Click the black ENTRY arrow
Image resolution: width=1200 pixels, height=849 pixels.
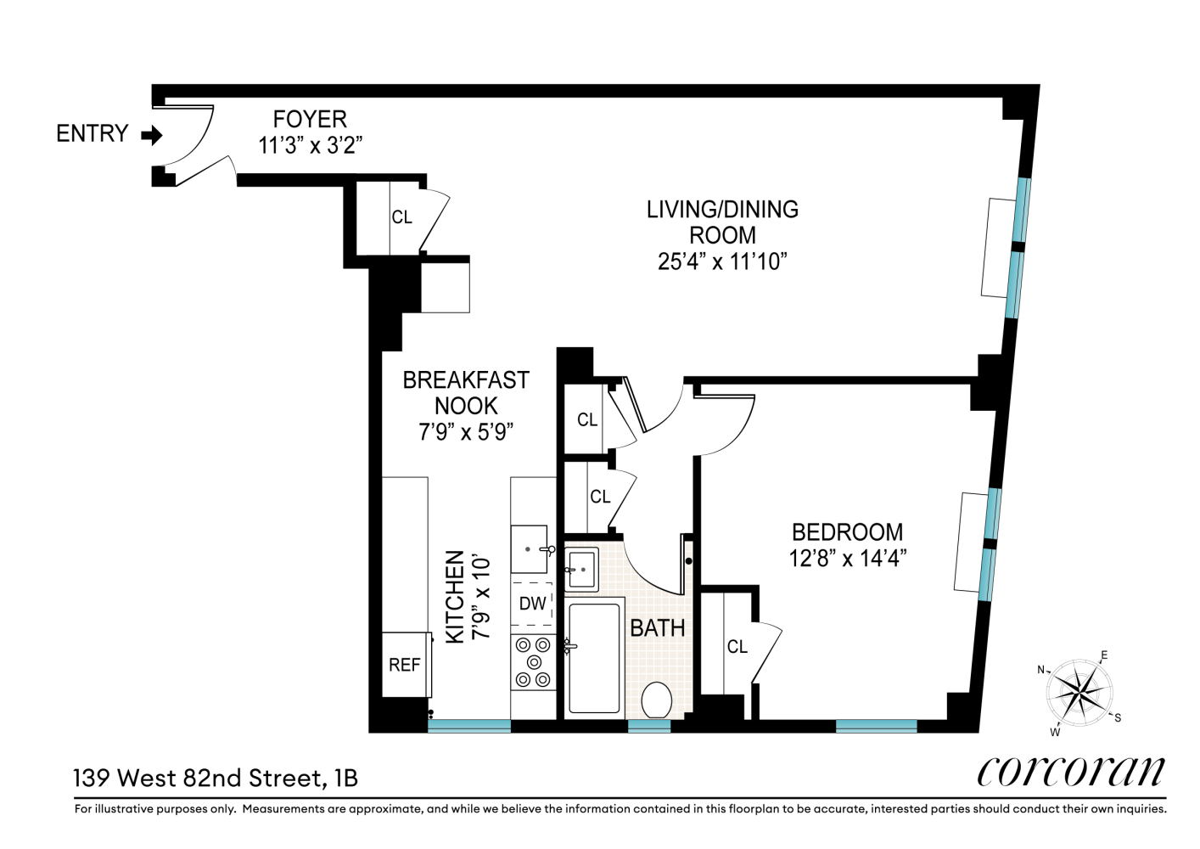click(x=152, y=136)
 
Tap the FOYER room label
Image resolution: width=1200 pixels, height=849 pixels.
click(x=310, y=119)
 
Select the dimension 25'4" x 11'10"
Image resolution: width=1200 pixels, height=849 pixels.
click(x=722, y=262)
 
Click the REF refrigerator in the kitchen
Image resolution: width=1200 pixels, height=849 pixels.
click(x=406, y=665)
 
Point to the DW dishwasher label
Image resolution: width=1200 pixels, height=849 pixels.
click(x=532, y=604)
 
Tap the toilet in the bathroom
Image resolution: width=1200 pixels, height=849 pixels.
click(x=657, y=700)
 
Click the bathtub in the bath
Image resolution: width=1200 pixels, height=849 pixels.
click(x=594, y=658)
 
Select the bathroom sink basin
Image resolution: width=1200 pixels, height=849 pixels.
click(x=581, y=569)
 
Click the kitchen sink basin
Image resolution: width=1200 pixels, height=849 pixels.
click(x=529, y=549)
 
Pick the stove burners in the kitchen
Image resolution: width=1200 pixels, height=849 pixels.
click(x=532, y=662)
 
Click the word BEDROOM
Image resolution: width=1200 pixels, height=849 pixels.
click(x=848, y=532)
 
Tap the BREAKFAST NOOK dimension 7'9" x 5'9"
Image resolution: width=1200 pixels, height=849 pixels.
click(x=466, y=431)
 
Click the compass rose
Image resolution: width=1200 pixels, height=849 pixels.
click(x=1079, y=692)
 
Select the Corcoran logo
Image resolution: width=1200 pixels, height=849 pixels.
click(x=1070, y=772)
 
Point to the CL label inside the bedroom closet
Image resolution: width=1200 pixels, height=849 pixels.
click(x=737, y=647)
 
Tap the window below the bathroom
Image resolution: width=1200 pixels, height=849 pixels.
click(x=648, y=726)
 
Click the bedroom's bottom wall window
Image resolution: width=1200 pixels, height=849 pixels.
click(x=877, y=726)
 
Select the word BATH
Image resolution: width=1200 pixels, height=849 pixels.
click(x=658, y=628)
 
